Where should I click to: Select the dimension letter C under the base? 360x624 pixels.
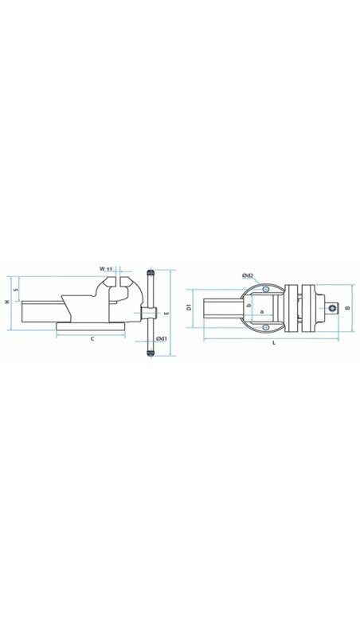click(x=92, y=340)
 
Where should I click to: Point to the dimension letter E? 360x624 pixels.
click(x=166, y=314)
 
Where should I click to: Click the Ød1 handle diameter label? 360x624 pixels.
click(x=162, y=339)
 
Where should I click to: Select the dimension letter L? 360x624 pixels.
click(x=273, y=343)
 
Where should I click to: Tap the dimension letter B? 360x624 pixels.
click(x=348, y=307)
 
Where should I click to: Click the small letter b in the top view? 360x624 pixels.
click(x=249, y=305)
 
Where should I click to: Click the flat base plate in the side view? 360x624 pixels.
click(x=91, y=326)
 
